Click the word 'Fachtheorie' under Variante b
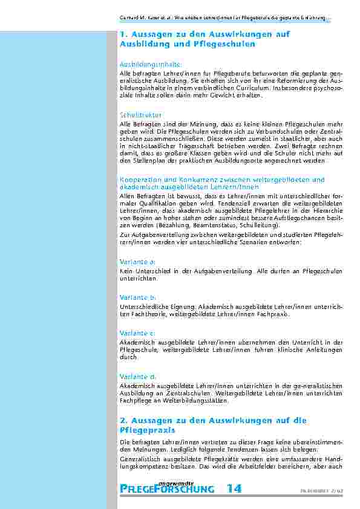148,314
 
